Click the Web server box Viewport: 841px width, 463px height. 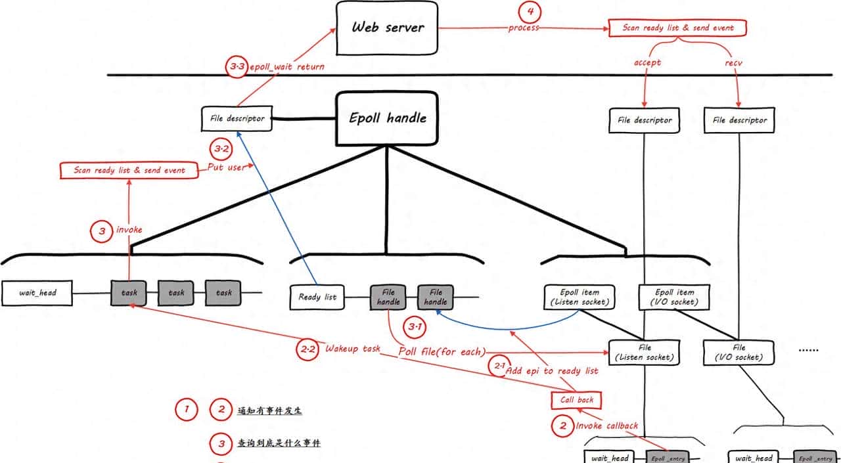click(x=387, y=28)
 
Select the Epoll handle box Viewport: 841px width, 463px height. click(x=387, y=118)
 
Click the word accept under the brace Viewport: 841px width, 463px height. click(x=647, y=62)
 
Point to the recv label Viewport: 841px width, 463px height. click(x=733, y=62)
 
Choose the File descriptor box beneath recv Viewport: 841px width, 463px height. click(x=739, y=120)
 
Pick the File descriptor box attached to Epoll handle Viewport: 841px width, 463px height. click(x=233, y=119)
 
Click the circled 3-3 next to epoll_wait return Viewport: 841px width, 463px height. click(x=236, y=67)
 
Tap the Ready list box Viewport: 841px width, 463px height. click(x=317, y=297)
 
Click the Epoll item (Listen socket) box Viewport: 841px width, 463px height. click(x=579, y=297)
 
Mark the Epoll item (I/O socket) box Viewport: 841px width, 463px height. click(x=675, y=297)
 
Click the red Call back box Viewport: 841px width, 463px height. click(x=576, y=399)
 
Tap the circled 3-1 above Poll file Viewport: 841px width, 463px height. click(x=417, y=326)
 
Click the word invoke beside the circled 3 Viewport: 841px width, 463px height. click(x=129, y=230)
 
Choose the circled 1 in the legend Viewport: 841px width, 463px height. click(x=187, y=410)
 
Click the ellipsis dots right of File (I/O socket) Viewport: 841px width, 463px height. click(x=808, y=351)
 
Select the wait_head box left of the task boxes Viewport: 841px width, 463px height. click(x=37, y=292)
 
